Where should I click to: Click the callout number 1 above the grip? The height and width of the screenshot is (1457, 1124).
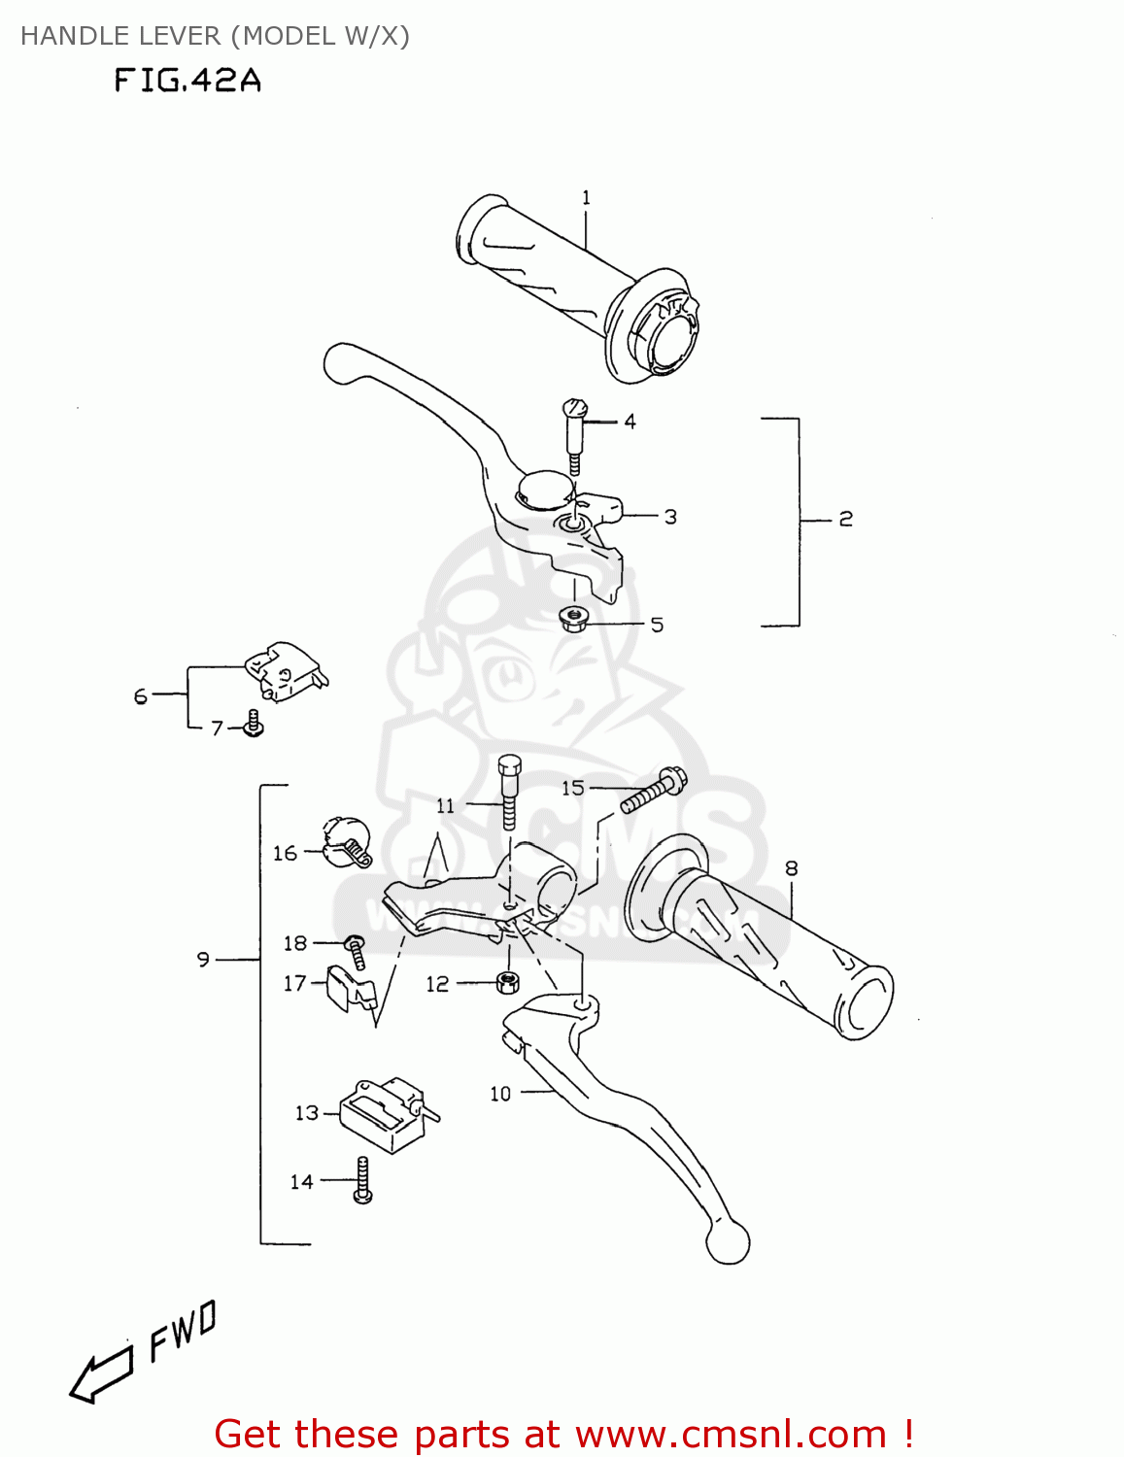(586, 198)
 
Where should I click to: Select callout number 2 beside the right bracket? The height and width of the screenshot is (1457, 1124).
(845, 520)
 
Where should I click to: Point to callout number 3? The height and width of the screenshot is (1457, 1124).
(670, 518)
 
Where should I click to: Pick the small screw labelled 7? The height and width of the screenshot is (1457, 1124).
(254, 724)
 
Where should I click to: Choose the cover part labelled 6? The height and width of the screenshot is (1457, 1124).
(286, 670)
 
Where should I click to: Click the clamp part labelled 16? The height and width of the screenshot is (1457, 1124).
(347, 842)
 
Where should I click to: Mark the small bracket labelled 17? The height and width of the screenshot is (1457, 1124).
(350, 989)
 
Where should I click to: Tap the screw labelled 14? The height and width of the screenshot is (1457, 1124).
(363, 1180)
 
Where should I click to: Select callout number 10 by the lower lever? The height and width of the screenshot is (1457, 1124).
(500, 1095)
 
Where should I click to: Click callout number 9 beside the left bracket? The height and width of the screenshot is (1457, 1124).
(203, 960)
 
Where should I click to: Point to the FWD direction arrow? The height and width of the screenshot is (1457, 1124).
(101, 1372)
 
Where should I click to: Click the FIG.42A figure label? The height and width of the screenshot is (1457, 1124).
(187, 80)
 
